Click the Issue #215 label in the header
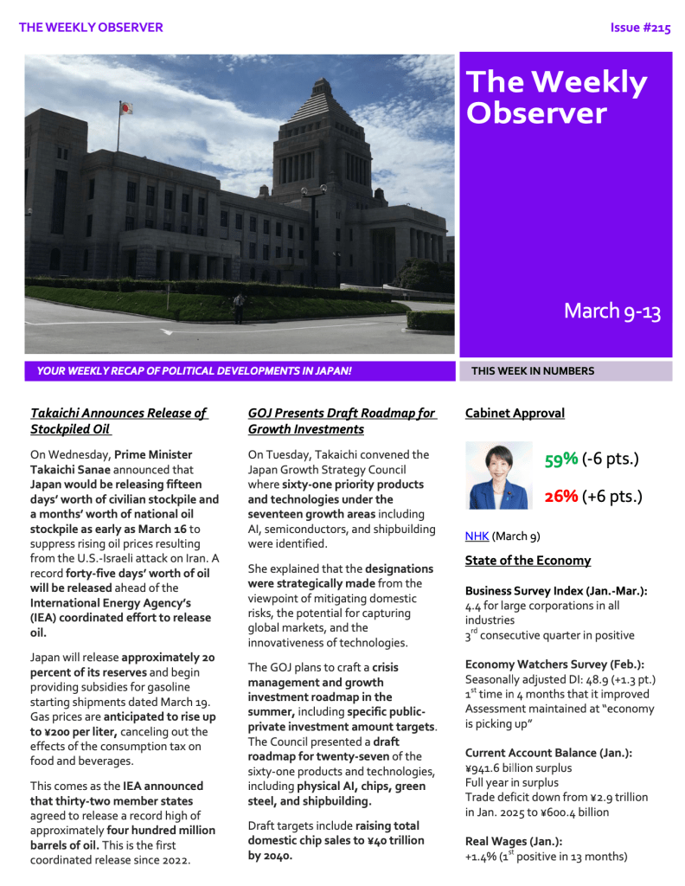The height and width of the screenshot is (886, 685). [640, 28]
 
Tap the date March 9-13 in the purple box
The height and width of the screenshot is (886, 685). [611, 311]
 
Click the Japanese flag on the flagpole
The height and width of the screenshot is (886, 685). [125, 109]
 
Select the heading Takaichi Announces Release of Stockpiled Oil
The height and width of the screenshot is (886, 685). [118, 421]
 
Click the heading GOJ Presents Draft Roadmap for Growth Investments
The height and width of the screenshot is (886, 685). [342, 421]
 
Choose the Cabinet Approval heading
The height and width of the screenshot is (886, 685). [515, 413]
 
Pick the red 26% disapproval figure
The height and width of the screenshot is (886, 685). [561, 496]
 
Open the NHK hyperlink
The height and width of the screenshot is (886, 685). [477, 536]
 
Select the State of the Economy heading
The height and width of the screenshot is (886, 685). [528, 560]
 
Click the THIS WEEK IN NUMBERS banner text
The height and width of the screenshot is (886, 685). [532, 371]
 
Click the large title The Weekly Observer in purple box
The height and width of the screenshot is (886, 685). [555, 97]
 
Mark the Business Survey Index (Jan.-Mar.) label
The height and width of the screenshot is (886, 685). [556, 591]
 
